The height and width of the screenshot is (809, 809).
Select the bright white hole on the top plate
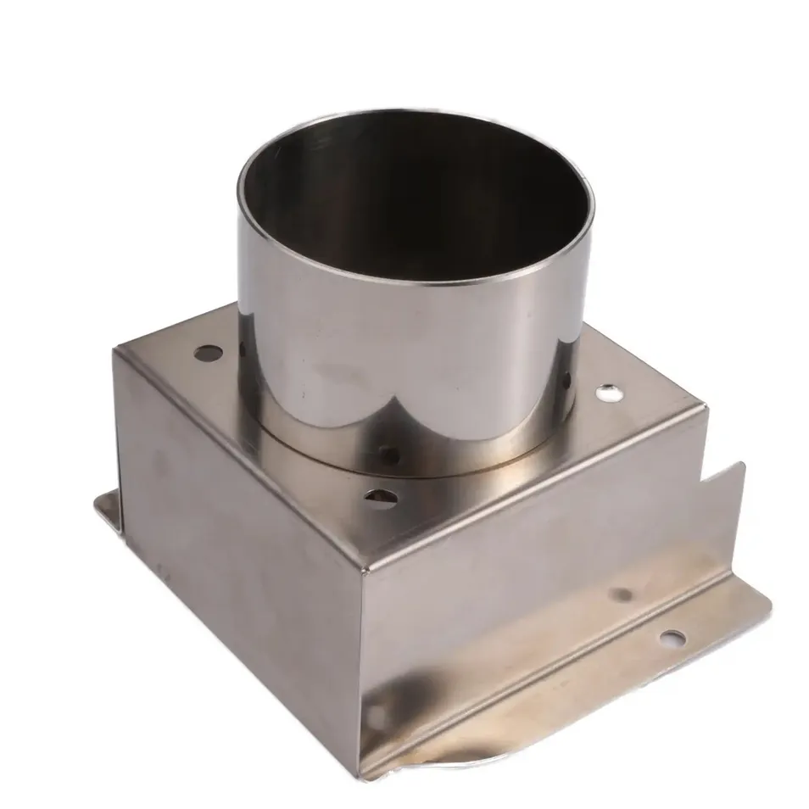pos(607,392)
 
